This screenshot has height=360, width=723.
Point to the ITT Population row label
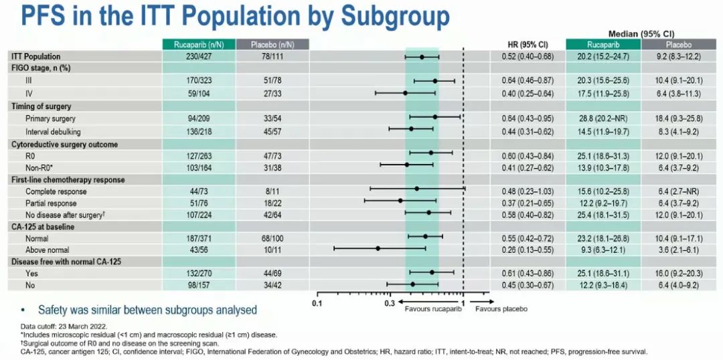click(35, 57)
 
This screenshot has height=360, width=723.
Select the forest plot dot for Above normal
click(378, 249)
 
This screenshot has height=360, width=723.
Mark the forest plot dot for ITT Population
click(422, 57)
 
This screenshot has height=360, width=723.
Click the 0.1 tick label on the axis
click(317, 303)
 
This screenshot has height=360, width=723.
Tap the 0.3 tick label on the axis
click(390, 303)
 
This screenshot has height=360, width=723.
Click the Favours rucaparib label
click(426, 310)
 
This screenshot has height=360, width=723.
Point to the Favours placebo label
click(501, 310)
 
